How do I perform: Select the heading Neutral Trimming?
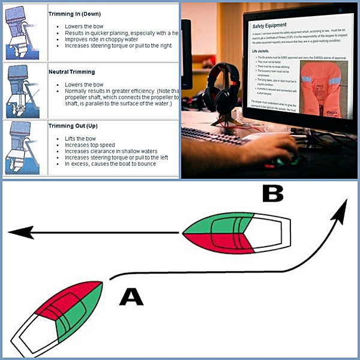[71, 71]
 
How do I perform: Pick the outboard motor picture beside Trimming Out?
[22, 147]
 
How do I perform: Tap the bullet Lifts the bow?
[82, 139]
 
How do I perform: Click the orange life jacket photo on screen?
[322, 93]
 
